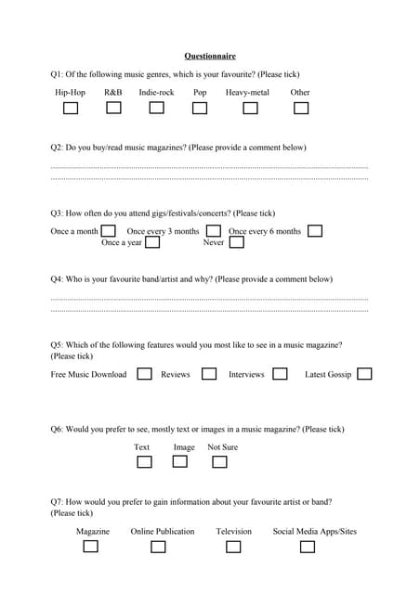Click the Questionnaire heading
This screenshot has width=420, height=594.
tap(210, 56)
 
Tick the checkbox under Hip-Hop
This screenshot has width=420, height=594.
tap(71, 109)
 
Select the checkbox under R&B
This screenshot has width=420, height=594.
tap(113, 108)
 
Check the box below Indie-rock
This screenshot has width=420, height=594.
tap(156, 108)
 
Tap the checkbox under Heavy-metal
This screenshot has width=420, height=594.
tap(250, 109)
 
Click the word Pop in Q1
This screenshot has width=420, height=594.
tap(200, 93)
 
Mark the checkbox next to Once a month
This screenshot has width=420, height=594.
tap(109, 230)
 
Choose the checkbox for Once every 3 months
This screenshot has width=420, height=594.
tap(214, 230)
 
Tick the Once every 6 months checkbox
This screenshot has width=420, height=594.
tap(315, 230)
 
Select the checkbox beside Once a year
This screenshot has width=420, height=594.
tap(152, 242)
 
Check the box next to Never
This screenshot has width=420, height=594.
tap(237, 242)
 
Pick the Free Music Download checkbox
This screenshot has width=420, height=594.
tap(145, 374)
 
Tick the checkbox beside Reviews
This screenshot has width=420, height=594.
tap(209, 374)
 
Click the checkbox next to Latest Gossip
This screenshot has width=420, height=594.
tap(364, 374)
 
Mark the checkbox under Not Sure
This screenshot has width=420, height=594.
tap(223, 461)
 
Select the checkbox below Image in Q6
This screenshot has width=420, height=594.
tap(180, 461)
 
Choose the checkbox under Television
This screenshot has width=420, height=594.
tap(233, 547)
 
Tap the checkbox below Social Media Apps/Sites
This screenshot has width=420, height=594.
tap(308, 547)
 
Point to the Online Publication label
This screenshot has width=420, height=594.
tap(163, 532)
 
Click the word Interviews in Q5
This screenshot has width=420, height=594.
tap(246, 375)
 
